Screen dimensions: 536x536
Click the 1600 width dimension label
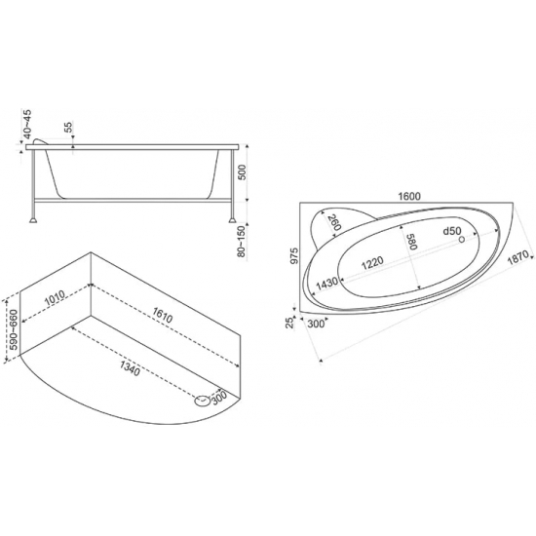pos(409,195)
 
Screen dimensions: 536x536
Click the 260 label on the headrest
pos(334,224)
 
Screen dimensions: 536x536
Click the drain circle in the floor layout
pos(202,398)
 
